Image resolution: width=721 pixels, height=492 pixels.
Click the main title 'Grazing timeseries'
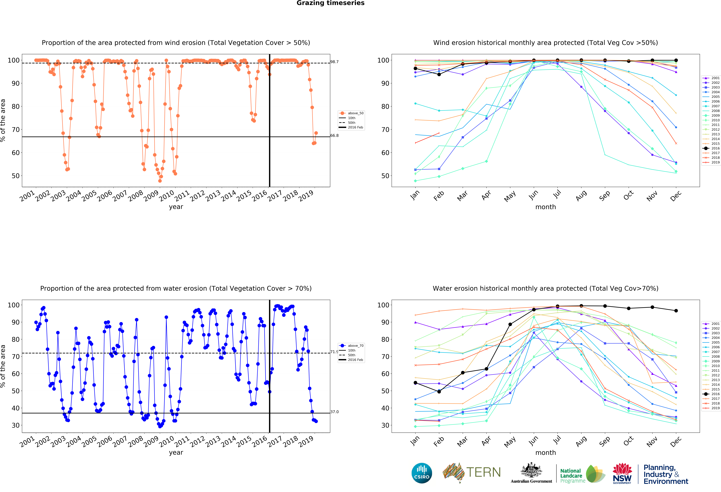[x=330, y=3]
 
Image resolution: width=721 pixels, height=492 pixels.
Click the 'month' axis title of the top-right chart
[x=545, y=207]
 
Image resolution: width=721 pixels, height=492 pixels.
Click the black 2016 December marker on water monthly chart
[x=676, y=311]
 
